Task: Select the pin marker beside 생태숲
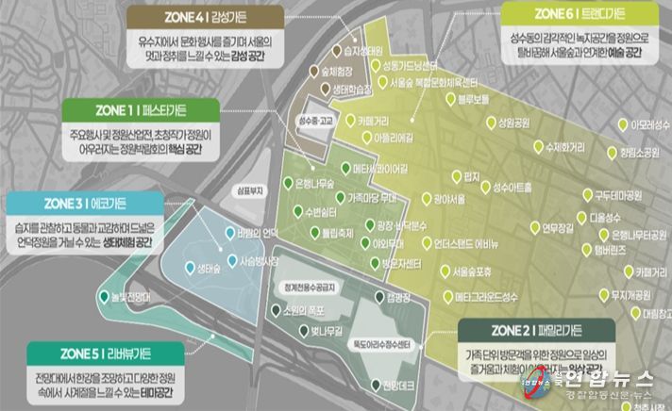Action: pyautogui.click(x=189, y=267)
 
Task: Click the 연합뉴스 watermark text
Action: pyautogui.click(x=615, y=380)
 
